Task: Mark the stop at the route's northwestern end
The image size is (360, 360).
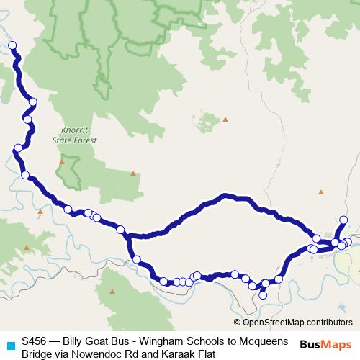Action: point(12,45)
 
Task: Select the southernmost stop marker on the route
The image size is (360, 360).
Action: point(263,294)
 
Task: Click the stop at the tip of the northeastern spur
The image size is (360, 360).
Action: point(343,220)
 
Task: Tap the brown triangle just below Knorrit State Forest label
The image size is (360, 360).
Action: point(62,162)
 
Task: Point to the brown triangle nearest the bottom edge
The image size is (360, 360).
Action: point(113,292)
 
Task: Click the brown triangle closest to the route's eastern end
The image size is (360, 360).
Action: point(321,192)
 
